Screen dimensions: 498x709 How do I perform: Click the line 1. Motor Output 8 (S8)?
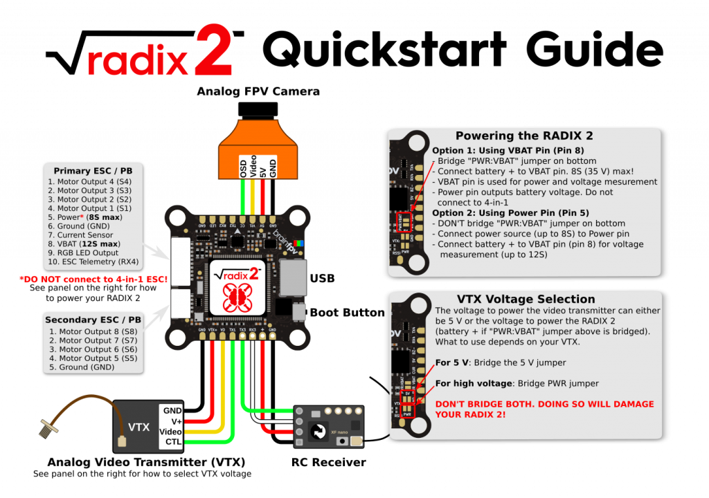[x=93, y=331]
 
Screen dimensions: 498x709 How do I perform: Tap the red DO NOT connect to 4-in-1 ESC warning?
[x=94, y=279]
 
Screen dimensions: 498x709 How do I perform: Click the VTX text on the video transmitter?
[x=138, y=427]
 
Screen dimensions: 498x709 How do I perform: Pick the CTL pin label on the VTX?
[x=172, y=441]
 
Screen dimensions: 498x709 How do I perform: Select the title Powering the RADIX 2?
[x=523, y=136]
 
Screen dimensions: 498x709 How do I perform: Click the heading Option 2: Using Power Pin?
[x=510, y=212]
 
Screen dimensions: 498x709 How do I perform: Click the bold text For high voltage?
[x=473, y=383]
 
